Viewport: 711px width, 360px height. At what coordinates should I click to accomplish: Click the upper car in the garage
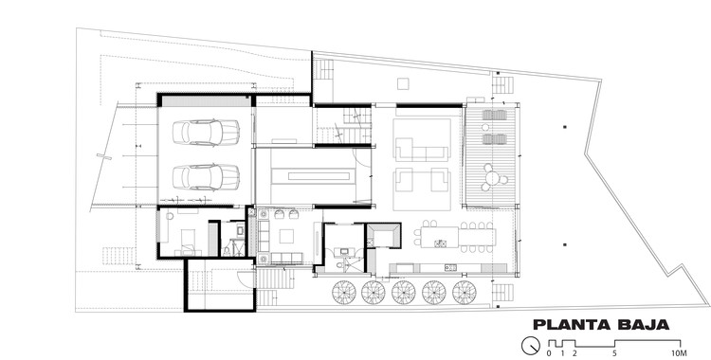tap(206, 133)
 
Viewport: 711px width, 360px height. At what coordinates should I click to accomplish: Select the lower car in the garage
tap(206, 177)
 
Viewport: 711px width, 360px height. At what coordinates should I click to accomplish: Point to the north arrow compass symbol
tap(531, 346)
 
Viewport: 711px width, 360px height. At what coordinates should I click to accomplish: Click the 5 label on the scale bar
tap(614, 353)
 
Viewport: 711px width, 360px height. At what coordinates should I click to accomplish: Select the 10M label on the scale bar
tap(680, 353)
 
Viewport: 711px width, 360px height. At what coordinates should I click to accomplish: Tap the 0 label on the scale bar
tap(549, 353)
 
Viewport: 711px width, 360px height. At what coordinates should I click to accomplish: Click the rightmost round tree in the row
tap(464, 293)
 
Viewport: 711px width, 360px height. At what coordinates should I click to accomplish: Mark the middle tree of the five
tap(404, 293)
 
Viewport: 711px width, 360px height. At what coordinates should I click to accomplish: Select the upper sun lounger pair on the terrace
tap(494, 115)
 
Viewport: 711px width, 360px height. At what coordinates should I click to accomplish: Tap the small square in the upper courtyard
tap(403, 84)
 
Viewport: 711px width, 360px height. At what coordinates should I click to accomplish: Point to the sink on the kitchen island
tap(440, 243)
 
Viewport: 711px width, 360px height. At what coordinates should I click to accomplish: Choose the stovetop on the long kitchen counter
tap(450, 268)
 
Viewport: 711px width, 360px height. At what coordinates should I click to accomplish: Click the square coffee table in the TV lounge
tap(286, 236)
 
